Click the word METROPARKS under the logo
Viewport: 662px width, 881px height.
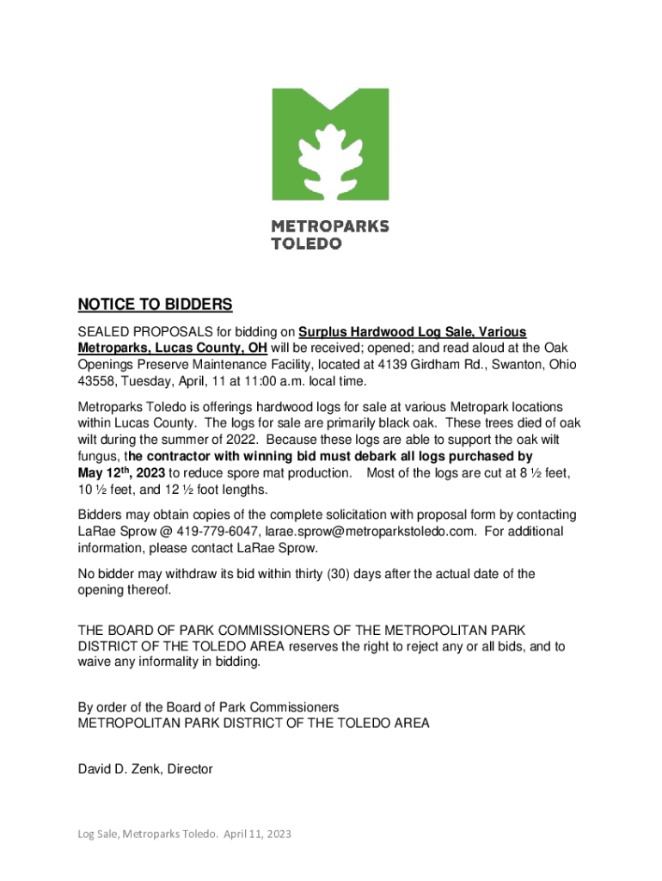330,226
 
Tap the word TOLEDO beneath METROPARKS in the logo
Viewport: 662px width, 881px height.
307,243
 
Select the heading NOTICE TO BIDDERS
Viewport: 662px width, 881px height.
156,305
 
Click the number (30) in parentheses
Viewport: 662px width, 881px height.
329,574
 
